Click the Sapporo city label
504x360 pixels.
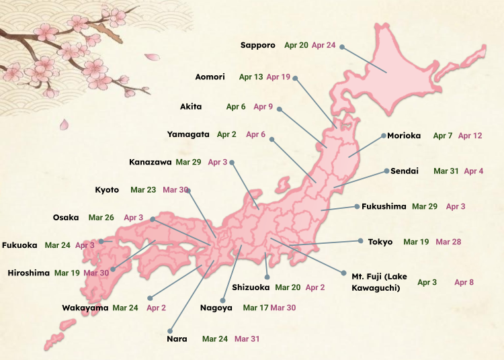[258, 45]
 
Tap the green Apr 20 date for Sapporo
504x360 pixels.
[296, 45]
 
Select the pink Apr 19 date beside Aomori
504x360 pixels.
[278, 77]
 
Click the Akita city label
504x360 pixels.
[191, 107]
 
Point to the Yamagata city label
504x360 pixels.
[188, 134]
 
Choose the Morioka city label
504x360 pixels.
[404, 136]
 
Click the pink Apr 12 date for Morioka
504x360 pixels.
[470, 136]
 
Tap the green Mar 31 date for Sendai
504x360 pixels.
[446, 171]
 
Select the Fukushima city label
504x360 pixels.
[384, 206]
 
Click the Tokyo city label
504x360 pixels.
[380, 241]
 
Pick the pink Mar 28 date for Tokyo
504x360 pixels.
[448, 241]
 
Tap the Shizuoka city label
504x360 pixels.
[251, 287]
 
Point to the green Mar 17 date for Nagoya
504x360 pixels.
[255, 308]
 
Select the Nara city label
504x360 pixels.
[177, 339]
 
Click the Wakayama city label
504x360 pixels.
[85, 308]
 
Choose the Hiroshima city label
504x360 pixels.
[28, 273]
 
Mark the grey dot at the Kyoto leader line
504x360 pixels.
[188, 191]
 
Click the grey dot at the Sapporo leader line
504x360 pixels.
[341, 47]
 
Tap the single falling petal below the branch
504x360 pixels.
[65, 124]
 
